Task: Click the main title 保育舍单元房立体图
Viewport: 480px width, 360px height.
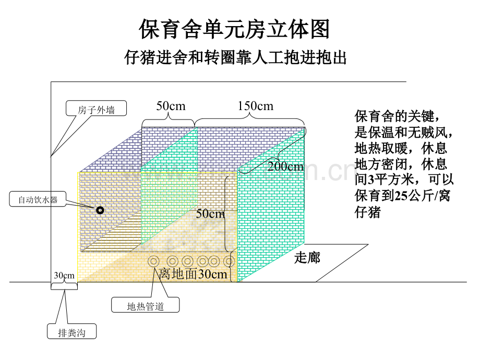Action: (x=234, y=29)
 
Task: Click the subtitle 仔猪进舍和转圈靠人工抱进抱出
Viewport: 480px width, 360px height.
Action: (x=235, y=57)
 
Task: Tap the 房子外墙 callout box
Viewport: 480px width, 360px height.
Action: (x=96, y=109)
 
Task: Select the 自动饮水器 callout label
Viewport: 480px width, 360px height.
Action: (x=38, y=199)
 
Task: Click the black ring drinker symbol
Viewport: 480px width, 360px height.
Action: (x=100, y=210)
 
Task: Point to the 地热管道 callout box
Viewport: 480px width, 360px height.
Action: (x=146, y=305)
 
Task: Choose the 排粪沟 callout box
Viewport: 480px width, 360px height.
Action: (x=71, y=331)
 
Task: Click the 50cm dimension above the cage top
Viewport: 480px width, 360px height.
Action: (x=171, y=106)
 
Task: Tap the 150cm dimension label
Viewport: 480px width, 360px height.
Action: (x=256, y=106)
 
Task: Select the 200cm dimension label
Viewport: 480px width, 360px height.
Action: (x=285, y=166)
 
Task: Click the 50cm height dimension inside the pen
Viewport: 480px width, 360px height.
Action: (x=210, y=214)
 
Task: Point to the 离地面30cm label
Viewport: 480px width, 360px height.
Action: (x=193, y=274)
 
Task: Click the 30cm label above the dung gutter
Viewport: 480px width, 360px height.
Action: (x=64, y=275)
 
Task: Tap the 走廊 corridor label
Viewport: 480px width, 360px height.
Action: (x=307, y=257)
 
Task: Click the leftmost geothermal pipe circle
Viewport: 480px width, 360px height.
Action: (x=154, y=261)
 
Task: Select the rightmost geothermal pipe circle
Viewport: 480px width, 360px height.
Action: (x=229, y=261)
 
